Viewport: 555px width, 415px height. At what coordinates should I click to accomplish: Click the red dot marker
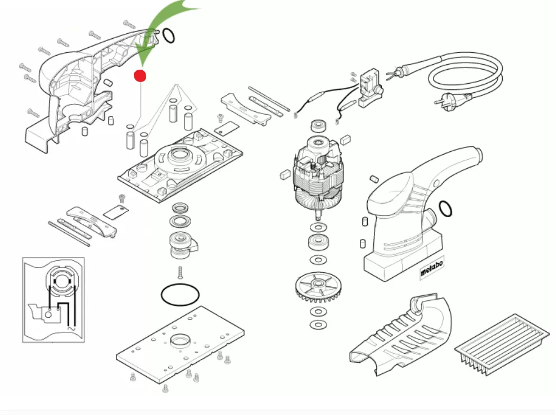coord(140,75)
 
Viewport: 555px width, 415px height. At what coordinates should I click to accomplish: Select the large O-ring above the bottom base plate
coord(180,294)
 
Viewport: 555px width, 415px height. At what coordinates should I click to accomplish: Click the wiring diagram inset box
coord(53,299)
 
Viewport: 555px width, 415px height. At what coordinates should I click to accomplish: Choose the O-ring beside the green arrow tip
coord(168,37)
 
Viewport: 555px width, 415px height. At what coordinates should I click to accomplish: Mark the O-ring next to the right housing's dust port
coord(445,209)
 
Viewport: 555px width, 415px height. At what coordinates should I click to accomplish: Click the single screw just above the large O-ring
coord(180,272)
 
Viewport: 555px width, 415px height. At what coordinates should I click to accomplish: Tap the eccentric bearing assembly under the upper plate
coord(183,243)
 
